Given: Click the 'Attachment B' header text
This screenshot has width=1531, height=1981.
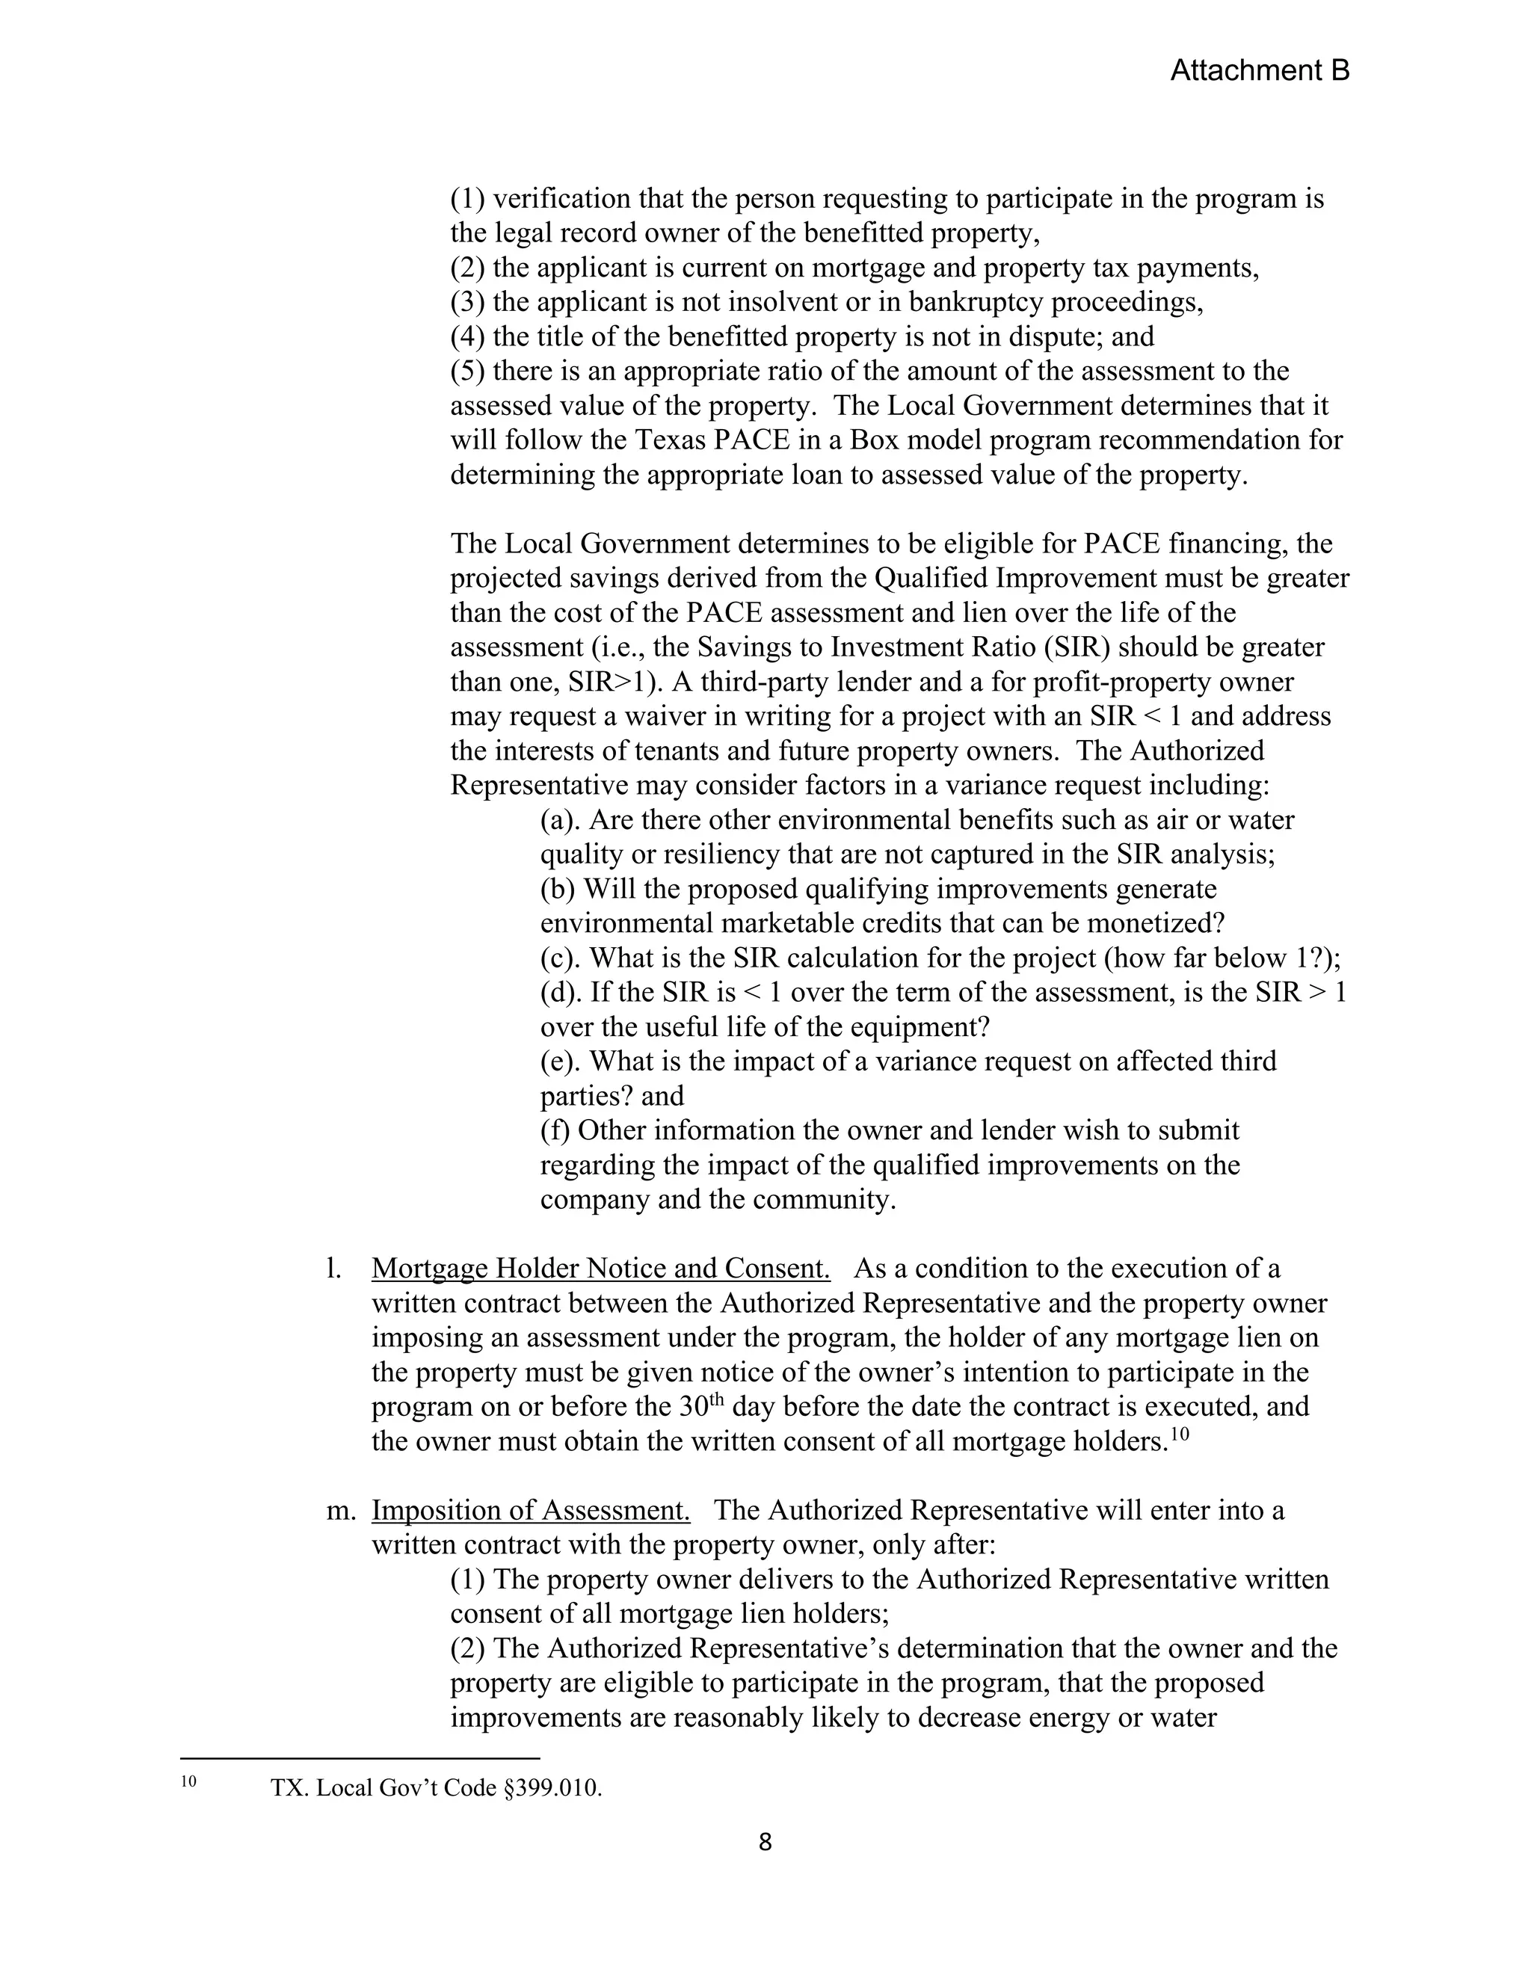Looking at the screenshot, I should pos(1259,71).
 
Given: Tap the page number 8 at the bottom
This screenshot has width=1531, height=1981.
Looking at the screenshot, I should pos(765,1842).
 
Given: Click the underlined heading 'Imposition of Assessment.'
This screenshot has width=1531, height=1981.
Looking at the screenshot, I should pos(531,1510).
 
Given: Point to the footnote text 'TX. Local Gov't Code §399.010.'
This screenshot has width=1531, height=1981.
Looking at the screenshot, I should pos(437,1788).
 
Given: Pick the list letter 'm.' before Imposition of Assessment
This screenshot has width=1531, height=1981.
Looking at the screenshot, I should pos(339,1511).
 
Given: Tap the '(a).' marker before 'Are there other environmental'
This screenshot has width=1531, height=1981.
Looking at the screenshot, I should pos(561,820).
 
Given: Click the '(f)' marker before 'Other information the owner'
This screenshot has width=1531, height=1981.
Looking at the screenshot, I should pos(555,1130).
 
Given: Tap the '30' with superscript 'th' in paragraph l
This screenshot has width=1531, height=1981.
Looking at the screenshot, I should pos(697,1407).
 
